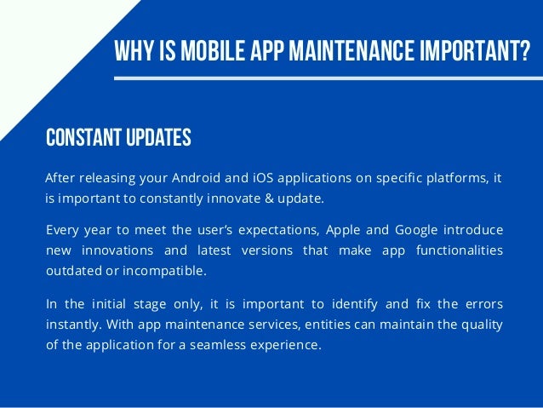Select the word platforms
pyautogui.click(x=454, y=178)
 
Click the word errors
pyautogui.click(x=483, y=303)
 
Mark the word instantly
pyautogui.click(x=72, y=324)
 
